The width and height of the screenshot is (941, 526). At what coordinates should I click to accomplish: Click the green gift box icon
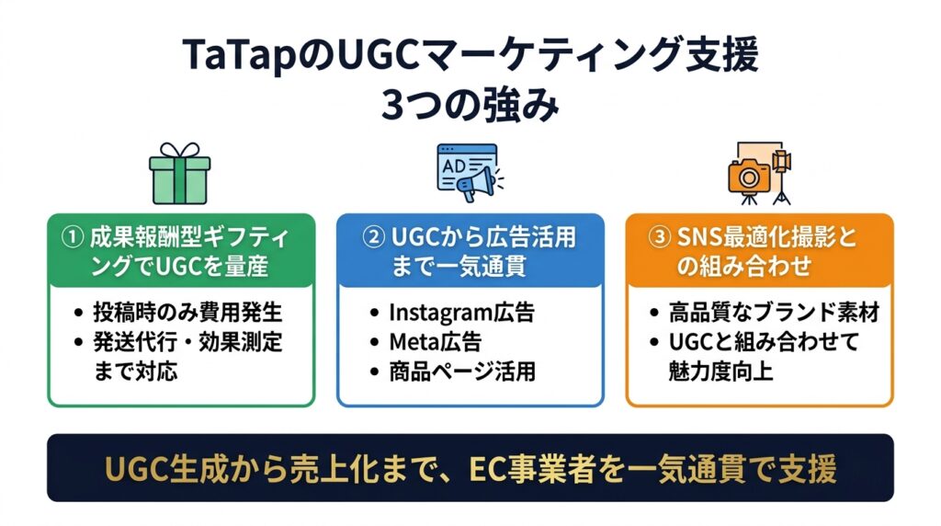(x=179, y=174)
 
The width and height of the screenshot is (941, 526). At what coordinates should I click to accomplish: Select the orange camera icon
(x=748, y=177)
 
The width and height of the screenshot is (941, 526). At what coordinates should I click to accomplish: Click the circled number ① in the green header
(x=73, y=237)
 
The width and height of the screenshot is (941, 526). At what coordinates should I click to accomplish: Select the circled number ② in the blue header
(x=373, y=237)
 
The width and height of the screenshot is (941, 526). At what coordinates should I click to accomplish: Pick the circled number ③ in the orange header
(x=659, y=237)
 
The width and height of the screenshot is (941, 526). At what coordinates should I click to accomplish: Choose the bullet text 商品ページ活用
(x=462, y=372)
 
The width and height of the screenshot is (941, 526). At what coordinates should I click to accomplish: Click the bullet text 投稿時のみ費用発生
(x=187, y=313)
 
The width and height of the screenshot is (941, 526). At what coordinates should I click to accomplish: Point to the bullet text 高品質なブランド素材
(x=774, y=313)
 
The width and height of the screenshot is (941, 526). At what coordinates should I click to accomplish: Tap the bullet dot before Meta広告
(x=375, y=343)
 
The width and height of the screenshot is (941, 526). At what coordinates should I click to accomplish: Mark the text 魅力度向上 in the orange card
(x=720, y=372)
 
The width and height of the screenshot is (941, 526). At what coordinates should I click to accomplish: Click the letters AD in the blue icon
(x=454, y=166)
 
